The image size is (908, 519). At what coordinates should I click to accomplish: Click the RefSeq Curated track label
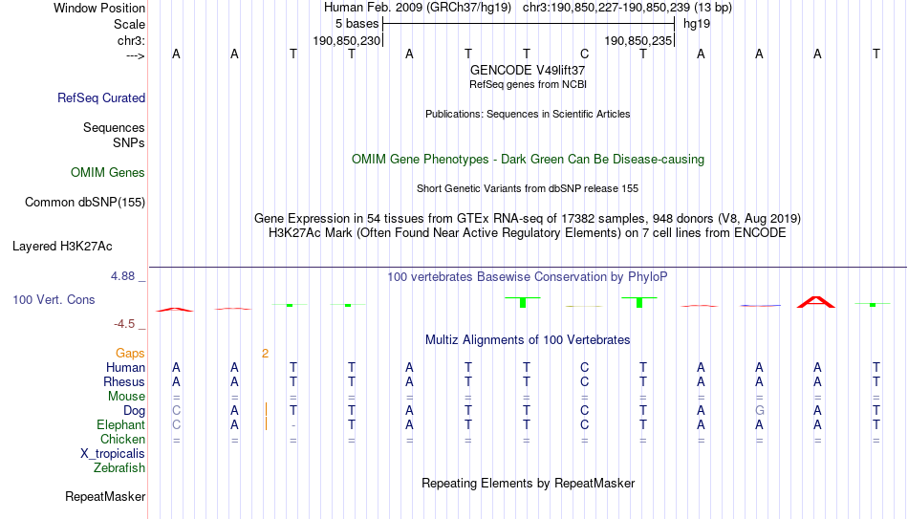click(x=101, y=97)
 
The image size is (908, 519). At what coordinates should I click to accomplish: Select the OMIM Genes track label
click(x=108, y=173)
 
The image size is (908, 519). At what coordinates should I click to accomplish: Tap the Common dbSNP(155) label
click(x=85, y=203)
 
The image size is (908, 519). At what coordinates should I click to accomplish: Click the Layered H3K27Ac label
click(x=62, y=247)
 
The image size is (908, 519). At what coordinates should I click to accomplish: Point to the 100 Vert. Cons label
click(x=54, y=299)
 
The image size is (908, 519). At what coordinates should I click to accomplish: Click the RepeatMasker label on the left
click(x=105, y=496)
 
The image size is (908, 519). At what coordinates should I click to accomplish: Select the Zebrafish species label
click(x=119, y=467)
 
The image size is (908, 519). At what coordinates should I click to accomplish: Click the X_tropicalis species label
click(x=113, y=454)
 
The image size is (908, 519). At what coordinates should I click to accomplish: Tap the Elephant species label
click(x=120, y=424)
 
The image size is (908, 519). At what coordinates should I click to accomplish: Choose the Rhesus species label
click(x=124, y=381)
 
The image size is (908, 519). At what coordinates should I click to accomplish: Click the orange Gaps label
click(x=130, y=353)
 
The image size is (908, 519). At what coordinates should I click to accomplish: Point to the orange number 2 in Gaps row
click(x=265, y=354)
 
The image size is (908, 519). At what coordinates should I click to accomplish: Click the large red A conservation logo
click(x=816, y=301)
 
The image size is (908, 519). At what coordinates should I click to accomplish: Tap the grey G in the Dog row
click(x=759, y=411)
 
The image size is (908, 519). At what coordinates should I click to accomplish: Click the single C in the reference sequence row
click(x=584, y=54)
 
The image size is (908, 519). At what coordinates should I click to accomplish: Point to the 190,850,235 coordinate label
click(x=638, y=40)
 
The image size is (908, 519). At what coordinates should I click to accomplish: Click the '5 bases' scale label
click(x=357, y=24)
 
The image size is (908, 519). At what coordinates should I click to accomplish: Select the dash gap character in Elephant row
click(x=293, y=425)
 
